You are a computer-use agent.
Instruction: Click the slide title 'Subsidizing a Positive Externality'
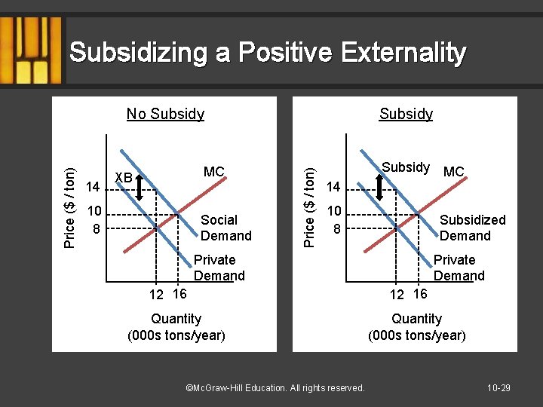click(x=267, y=53)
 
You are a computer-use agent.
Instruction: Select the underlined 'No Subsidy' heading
click(x=165, y=114)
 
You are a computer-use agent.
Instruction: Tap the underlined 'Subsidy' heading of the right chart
click(x=406, y=114)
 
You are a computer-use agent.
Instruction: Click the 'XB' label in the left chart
click(x=123, y=177)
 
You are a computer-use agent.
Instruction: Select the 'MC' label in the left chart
click(x=214, y=172)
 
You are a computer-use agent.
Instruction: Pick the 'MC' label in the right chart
click(x=454, y=172)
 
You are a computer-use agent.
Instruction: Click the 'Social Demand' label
click(x=225, y=228)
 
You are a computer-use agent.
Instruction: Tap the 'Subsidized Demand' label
click(x=472, y=228)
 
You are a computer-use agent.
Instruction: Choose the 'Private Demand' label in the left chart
click(x=219, y=268)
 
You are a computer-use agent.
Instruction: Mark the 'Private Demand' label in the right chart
click(x=458, y=268)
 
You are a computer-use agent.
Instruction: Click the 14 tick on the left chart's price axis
click(x=93, y=186)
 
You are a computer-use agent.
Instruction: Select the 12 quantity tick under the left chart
click(x=156, y=295)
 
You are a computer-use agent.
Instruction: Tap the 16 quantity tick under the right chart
click(x=420, y=293)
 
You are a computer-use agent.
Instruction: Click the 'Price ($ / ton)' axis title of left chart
click(x=69, y=207)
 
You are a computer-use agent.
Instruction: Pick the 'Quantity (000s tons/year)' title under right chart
click(x=416, y=326)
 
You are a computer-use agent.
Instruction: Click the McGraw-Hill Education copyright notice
click(x=275, y=387)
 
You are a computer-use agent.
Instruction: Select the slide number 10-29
click(x=499, y=387)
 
